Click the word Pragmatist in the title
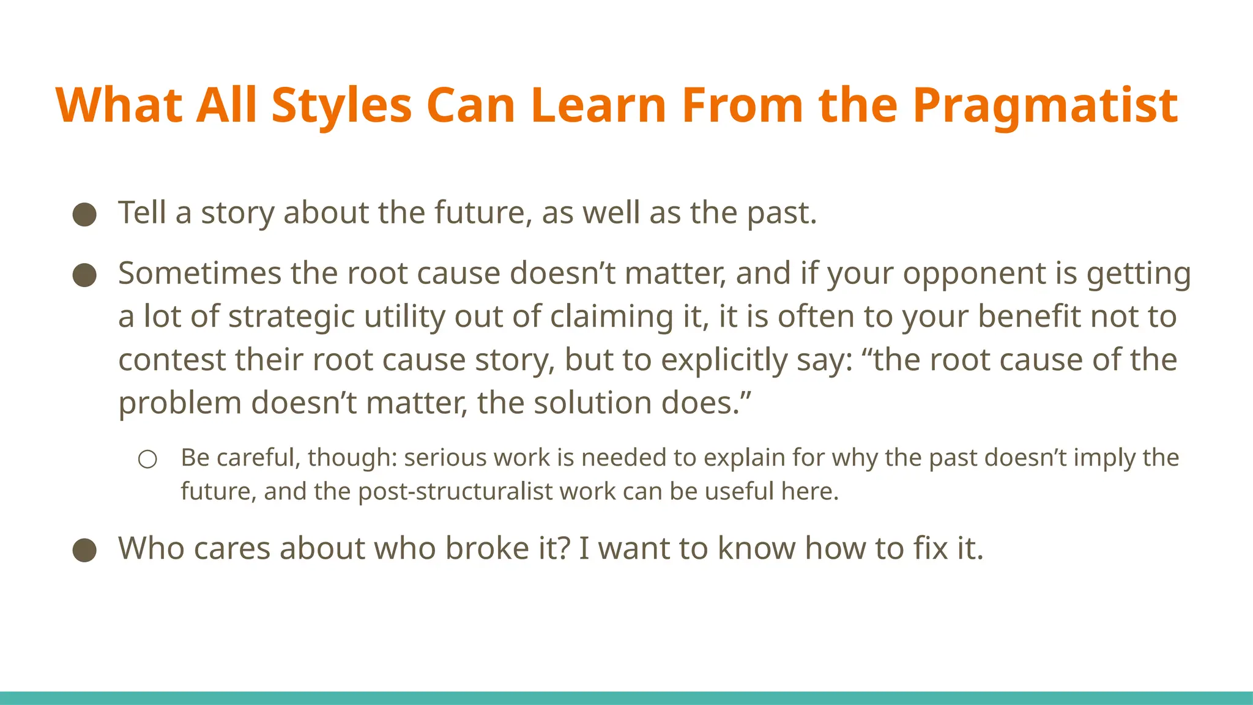(x=1045, y=106)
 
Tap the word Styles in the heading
(x=341, y=106)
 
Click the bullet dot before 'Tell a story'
(x=84, y=215)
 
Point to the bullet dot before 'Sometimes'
(x=84, y=275)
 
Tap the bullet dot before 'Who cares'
(x=84, y=550)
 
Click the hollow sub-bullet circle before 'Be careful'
(x=147, y=459)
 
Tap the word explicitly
(x=724, y=360)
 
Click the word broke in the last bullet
(x=486, y=548)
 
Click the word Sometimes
(x=199, y=274)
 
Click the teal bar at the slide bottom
(x=626, y=698)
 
